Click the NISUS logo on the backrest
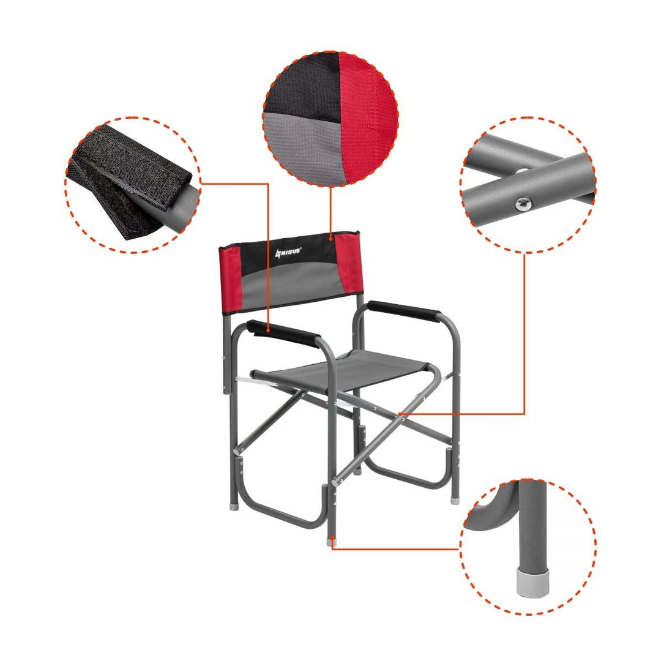pyautogui.click(x=288, y=252)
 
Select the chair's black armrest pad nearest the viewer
pyautogui.click(x=283, y=334)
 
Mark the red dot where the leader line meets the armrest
pyautogui.click(x=268, y=332)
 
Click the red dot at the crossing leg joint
pyautogui.click(x=400, y=414)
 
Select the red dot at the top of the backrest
pyautogui.click(x=331, y=239)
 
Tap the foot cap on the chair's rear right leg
pyautogui.click(x=454, y=501)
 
